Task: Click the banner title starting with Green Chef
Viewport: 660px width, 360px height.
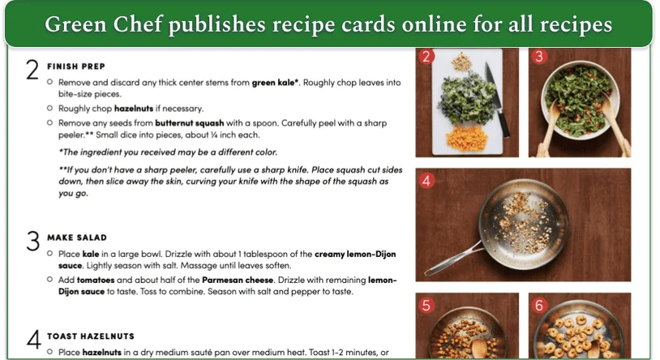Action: pyautogui.click(x=328, y=24)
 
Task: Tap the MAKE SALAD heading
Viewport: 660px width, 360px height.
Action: pyautogui.click(x=77, y=237)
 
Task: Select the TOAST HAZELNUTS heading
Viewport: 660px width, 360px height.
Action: pyautogui.click(x=91, y=336)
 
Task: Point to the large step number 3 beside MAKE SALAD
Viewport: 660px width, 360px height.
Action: pyautogui.click(x=32, y=242)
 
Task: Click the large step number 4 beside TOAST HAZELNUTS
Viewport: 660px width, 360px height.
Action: pyautogui.click(x=32, y=340)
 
